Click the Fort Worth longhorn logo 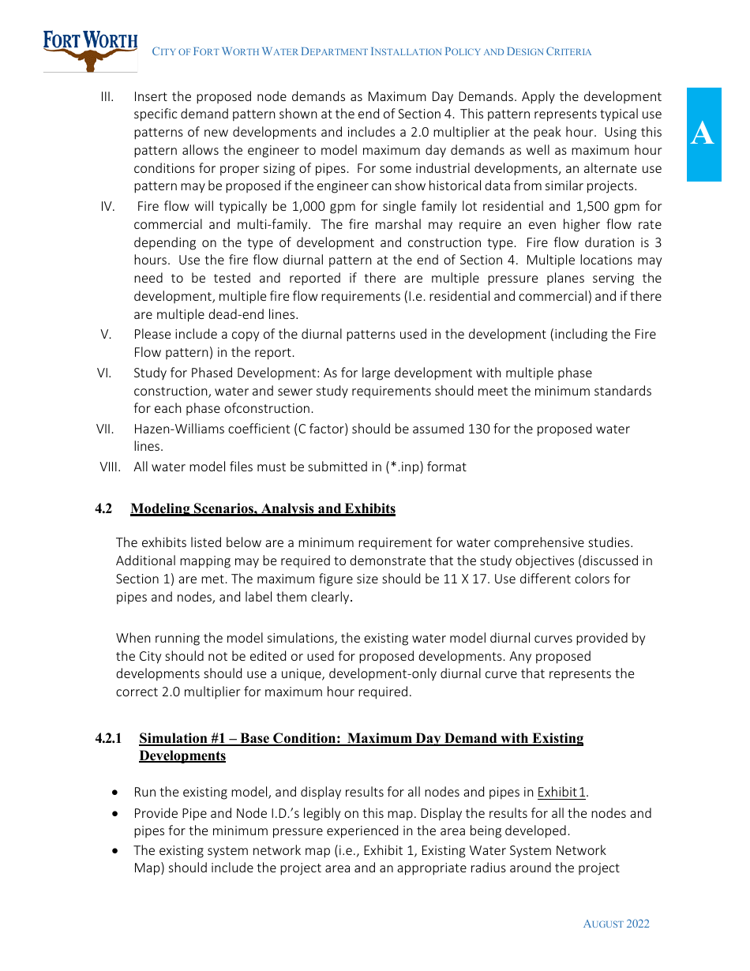90,51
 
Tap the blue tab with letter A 703,134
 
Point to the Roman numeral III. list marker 107,96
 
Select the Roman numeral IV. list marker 107,206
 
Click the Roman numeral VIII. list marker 110,467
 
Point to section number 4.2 103,508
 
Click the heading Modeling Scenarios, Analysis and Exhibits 263,508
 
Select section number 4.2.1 109,738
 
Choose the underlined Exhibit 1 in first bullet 561,792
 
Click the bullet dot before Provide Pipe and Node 116,813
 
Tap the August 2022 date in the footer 616,924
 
